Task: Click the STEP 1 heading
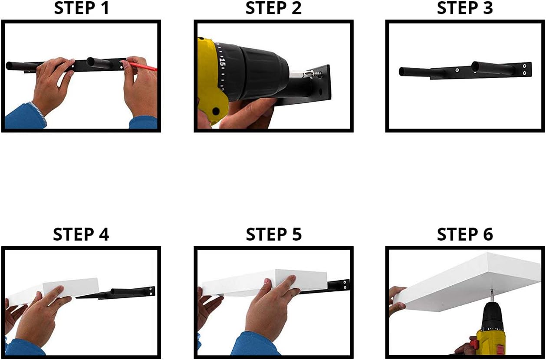coord(82,8)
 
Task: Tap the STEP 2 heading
coord(273,8)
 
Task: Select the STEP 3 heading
coord(465,8)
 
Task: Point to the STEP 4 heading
coord(81,234)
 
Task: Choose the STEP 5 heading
coord(274,234)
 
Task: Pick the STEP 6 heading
coord(465,234)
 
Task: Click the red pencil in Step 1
coord(142,66)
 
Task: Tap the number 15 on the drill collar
coord(222,62)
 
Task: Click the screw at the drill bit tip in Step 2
coord(317,74)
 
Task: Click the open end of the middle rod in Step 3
coord(476,67)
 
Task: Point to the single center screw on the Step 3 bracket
coord(457,70)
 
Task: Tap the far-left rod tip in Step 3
coord(402,72)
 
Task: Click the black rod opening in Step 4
coord(113,291)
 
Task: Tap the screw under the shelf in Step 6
coord(492,295)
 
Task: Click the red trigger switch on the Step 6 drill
coord(473,344)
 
